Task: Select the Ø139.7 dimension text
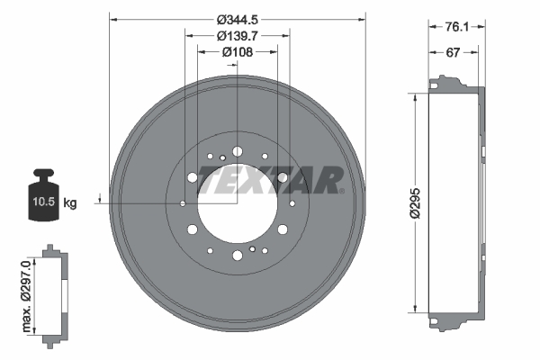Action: click(237, 35)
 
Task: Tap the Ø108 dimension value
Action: click(237, 52)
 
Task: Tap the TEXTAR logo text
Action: click(269, 180)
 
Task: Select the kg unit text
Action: click(70, 203)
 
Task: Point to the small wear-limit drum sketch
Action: click(55, 292)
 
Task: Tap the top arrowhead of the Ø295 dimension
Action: click(415, 96)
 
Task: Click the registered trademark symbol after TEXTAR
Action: click(341, 190)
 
